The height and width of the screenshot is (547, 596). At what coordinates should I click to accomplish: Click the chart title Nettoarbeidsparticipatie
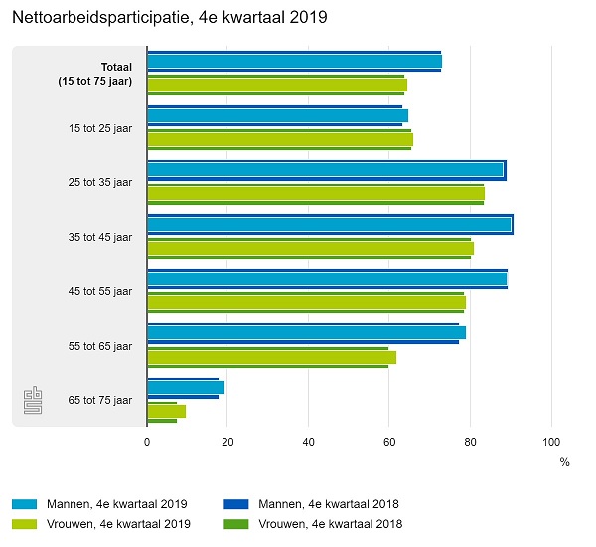(x=169, y=18)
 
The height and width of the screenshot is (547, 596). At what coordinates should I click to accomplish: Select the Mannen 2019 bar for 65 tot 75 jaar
(x=186, y=387)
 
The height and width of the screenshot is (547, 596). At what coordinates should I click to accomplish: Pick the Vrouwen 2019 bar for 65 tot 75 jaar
(x=166, y=411)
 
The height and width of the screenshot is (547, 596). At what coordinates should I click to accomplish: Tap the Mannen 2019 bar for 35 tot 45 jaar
(x=329, y=224)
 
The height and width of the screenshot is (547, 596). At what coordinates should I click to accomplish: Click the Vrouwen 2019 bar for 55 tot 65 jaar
(x=271, y=357)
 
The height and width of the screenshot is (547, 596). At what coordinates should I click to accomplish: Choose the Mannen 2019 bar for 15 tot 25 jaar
(x=277, y=115)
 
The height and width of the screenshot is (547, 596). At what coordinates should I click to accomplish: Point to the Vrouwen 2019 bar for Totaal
(x=276, y=85)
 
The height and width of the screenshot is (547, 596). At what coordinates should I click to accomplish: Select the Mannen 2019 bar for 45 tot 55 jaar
(x=326, y=278)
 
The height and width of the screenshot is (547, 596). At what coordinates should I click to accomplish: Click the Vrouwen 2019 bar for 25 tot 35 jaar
(x=315, y=193)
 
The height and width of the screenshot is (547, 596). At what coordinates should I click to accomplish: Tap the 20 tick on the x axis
(x=227, y=441)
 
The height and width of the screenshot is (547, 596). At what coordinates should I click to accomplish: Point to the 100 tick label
(x=551, y=441)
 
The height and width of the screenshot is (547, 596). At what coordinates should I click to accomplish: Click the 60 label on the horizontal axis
(x=389, y=441)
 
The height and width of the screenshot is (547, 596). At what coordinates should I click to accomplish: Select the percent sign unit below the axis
(x=564, y=462)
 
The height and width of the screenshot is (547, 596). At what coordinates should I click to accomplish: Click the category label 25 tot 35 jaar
(x=99, y=182)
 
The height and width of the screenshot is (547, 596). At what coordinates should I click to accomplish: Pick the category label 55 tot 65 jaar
(x=99, y=346)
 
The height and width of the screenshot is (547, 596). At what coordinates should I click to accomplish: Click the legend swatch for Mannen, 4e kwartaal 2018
(x=234, y=504)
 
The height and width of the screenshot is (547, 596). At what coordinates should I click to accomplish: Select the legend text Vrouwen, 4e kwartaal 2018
(x=331, y=524)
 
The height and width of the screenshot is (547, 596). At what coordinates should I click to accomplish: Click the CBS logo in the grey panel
(x=33, y=401)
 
